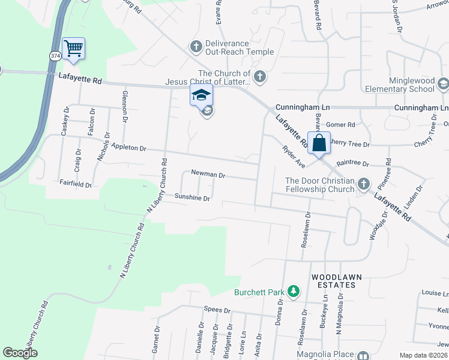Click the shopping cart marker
pyautogui.click(x=73, y=49)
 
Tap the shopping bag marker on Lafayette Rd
pyautogui.click(x=319, y=143)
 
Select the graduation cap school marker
pyautogui.click(x=202, y=95)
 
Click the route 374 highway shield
pyautogui.click(x=55, y=55)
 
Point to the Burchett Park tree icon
pyautogui.click(x=293, y=292)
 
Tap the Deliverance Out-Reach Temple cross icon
pyautogui.click(x=196, y=46)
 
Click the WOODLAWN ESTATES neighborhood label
pyautogui.click(x=336, y=281)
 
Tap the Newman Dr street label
pyautogui.click(x=208, y=175)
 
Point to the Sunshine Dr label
pyautogui.click(x=192, y=197)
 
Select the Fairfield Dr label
pyautogui.click(x=75, y=184)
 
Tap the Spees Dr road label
pyautogui.click(x=217, y=310)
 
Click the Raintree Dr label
pyautogui.click(x=352, y=163)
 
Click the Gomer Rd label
pyautogui.click(x=340, y=125)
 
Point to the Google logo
pyautogui.click(x=20, y=353)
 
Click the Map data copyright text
pyautogui.click(x=423, y=355)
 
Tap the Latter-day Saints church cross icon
pyautogui.click(x=259, y=76)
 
